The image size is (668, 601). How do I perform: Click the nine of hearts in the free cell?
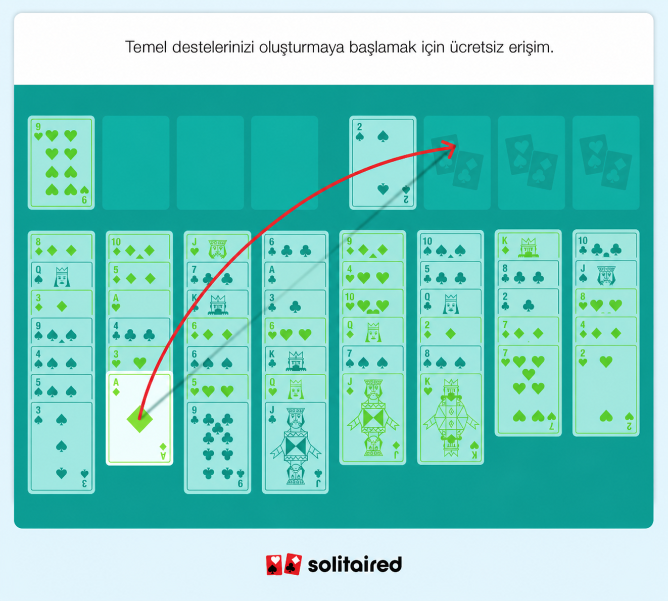(61, 163)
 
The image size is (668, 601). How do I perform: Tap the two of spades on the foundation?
(383, 163)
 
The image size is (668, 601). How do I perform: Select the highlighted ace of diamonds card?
(139, 418)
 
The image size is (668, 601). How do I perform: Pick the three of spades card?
(61, 447)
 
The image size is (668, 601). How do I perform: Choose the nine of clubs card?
(217, 447)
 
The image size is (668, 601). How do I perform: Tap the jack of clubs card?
(296, 447)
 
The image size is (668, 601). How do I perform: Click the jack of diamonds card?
(372, 419)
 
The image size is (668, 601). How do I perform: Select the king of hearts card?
(450, 419)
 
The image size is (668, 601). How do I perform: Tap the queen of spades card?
(61, 275)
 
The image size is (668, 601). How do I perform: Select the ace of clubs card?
(296, 275)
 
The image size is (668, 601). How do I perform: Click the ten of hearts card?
(372, 303)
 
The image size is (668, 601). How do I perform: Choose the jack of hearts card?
(217, 247)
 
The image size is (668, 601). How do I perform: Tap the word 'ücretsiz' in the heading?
(476, 47)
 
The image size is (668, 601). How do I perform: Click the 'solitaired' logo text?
(355, 564)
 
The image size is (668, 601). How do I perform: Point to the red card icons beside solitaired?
(283, 564)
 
